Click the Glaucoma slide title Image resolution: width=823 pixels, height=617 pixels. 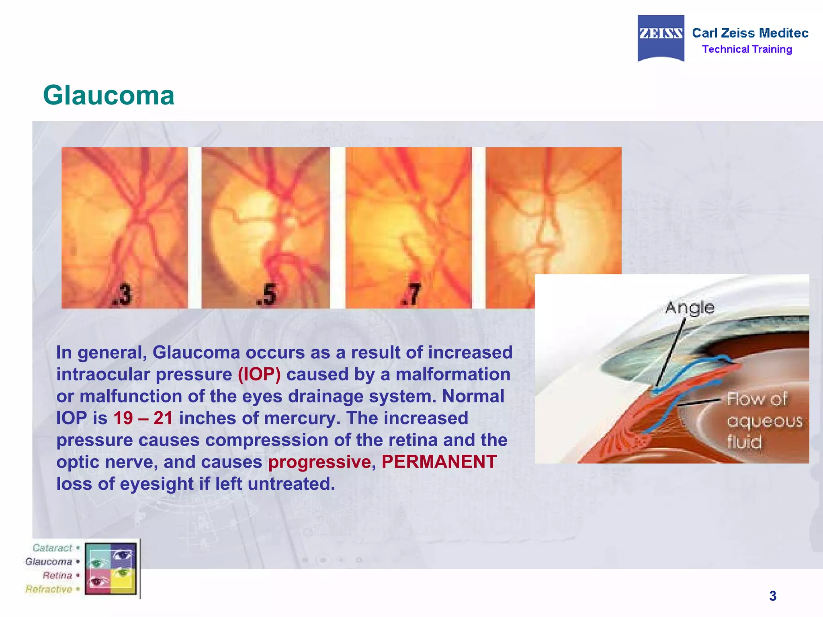coord(109,96)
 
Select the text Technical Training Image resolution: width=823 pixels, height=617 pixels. coord(747,49)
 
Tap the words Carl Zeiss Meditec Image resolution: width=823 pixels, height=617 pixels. coord(750,33)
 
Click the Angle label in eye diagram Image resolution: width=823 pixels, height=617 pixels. coord(690,308)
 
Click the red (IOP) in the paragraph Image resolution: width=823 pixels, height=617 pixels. coord(259,374)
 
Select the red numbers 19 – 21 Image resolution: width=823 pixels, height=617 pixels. coord(143,418)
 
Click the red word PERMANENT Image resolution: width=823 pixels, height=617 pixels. coord(439,462)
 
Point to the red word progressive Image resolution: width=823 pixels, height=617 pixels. coord(319,462)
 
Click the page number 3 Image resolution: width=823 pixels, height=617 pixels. coord(772,596)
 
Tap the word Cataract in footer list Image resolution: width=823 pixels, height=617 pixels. coord(52,548)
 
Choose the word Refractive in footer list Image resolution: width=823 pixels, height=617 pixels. coord(49,589)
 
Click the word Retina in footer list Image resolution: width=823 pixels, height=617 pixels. coord(57,576)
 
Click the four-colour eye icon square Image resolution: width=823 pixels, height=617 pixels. coord(111,568)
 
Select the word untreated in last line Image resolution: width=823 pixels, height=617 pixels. coord(291,484)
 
